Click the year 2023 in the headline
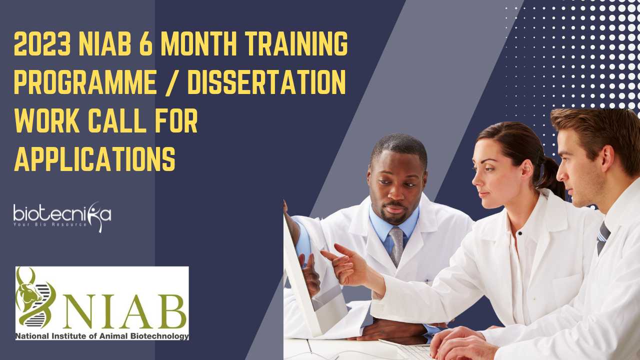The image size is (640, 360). coord(42,43)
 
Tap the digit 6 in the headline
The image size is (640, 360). coord(146,43)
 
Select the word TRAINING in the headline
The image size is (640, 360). coord(296,43)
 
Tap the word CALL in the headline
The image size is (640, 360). coord(115,120)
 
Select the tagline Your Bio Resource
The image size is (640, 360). coord(50,224)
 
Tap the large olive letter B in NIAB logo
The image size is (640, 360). coord(170,311)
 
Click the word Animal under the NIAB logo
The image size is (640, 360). coord(113,336)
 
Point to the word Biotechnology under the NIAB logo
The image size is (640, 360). coord(159,336)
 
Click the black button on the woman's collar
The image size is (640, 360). coord(520,233)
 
